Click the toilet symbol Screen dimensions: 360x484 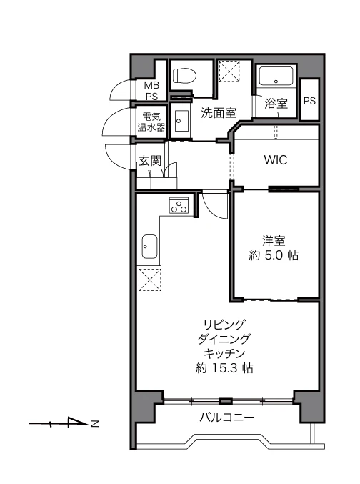[184, 76]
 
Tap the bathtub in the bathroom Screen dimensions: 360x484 [276, 76]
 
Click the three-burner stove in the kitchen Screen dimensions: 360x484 [179, 205]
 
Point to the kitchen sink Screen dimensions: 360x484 [149, 247]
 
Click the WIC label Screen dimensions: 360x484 [276, 160]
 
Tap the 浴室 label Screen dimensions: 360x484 [276, 104]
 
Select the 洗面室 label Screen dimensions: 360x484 [219, 113]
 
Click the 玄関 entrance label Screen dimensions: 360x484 [150, 161]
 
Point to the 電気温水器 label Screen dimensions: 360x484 [151, 122]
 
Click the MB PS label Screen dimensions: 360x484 [151, 91]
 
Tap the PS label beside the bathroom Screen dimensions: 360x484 [309, 101]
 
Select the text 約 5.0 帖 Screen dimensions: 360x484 [274, 255]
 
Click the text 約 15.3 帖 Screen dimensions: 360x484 [224, 367]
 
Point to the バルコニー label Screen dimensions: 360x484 [226, 418]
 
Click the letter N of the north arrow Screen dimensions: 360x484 [94, 423]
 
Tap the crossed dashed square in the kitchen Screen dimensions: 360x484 [149, 280]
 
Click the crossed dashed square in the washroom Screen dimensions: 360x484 [229, 71]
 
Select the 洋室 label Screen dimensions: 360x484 [274, 241]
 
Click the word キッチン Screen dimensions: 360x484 [224, 353]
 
